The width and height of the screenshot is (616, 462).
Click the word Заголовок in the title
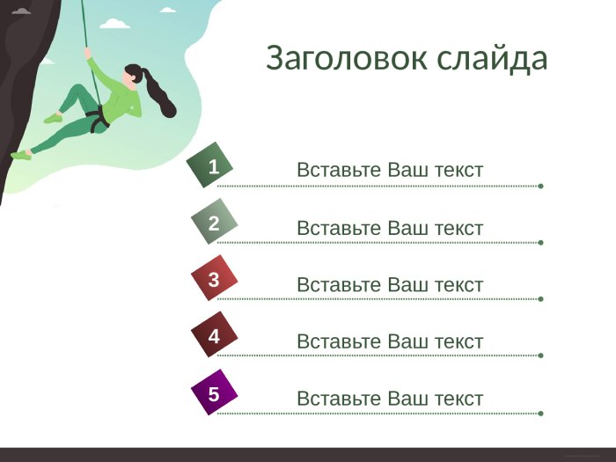point(347,58)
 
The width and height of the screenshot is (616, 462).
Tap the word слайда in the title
point(492,59)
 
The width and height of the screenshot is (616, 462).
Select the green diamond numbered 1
point(209,165)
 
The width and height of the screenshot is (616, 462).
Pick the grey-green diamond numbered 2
point(214,222)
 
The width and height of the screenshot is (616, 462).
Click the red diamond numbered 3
point(214,278)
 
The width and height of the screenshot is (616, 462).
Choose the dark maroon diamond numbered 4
point(214,334)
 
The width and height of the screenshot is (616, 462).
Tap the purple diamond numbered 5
point(214,392)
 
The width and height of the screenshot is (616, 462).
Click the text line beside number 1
point(390,170)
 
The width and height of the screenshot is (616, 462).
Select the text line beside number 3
point(390,285)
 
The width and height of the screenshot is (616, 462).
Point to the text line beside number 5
point(390,399)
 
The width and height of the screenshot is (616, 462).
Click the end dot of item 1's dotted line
point(540,186)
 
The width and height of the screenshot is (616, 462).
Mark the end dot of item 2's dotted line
point(540,242)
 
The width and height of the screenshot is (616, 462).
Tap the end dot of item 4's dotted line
point(540,356)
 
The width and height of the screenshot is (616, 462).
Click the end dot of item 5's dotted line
point(540,414)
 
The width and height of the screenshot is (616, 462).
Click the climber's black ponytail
point(159,94)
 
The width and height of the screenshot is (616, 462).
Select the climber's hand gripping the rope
point(88,53)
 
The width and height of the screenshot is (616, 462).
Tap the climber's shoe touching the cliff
point(21,155)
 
